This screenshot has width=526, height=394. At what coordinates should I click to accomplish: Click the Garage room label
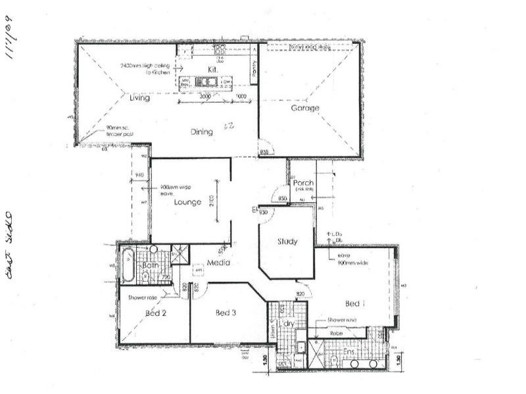click(306, 108)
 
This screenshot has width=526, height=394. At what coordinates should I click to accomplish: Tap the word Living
click(139, 98)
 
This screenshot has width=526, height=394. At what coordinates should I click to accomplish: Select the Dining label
click(202, 132)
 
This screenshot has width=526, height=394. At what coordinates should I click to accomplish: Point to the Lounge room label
click(187, 202)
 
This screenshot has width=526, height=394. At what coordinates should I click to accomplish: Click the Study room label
click(287, 242)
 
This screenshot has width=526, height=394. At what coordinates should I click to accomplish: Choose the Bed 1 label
click(354, 304)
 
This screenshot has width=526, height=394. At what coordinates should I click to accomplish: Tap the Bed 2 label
click(155, 313)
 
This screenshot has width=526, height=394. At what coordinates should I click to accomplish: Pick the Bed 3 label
click(226, 313)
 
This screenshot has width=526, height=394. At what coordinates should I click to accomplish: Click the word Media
click(217, 263)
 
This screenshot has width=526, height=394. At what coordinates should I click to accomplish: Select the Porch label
click(303, 183)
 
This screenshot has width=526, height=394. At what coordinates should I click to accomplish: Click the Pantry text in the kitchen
click(254, 71)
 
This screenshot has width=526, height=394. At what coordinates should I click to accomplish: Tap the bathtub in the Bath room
click(127, 265)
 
